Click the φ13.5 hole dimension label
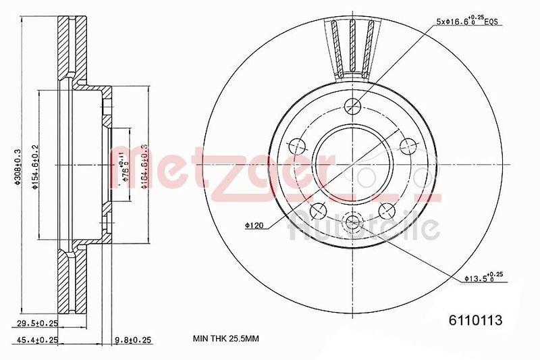(484, 277)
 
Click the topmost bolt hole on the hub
(352, 105)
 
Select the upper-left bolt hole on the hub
(296, 145)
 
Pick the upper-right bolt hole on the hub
(408, 145)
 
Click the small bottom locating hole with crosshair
(352, 222)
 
